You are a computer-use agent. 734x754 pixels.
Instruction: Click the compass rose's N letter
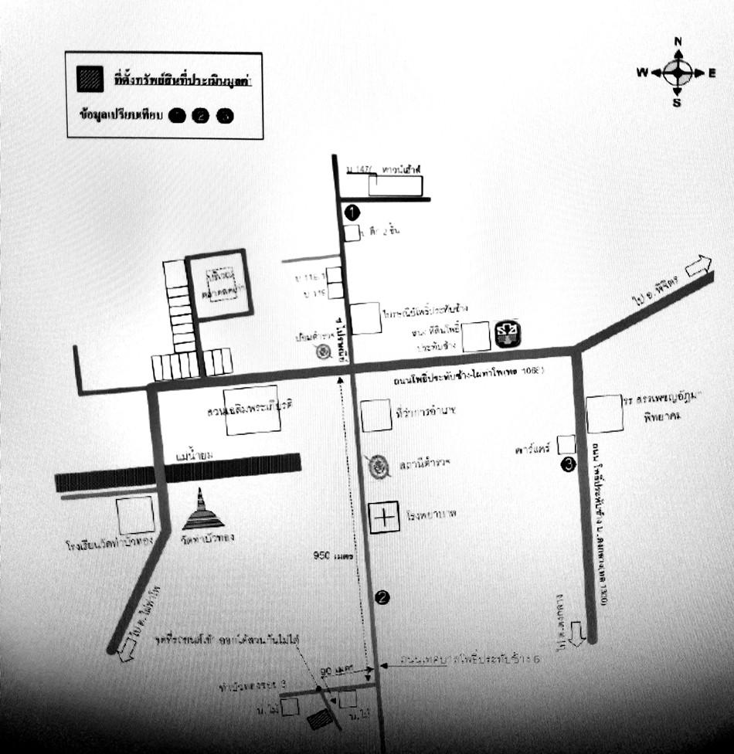[x=678, y=42]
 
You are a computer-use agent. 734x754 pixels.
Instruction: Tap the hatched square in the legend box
[x=90, y=78]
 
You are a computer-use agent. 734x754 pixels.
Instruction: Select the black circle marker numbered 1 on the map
[x=352, y=210]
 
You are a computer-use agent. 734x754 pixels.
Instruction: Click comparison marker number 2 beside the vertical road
[x=381, y=596]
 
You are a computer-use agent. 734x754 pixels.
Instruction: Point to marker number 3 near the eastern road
[x=569, y=464]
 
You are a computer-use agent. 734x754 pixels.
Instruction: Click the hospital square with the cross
[x=383, y=517]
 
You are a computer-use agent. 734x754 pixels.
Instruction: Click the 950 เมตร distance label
[x=333, y=555]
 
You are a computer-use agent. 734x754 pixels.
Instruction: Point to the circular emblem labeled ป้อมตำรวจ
[x=325, y=352]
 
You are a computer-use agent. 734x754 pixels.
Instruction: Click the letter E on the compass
[x=711, y=73]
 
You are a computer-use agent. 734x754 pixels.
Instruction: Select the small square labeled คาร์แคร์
[x=566, y=444]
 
